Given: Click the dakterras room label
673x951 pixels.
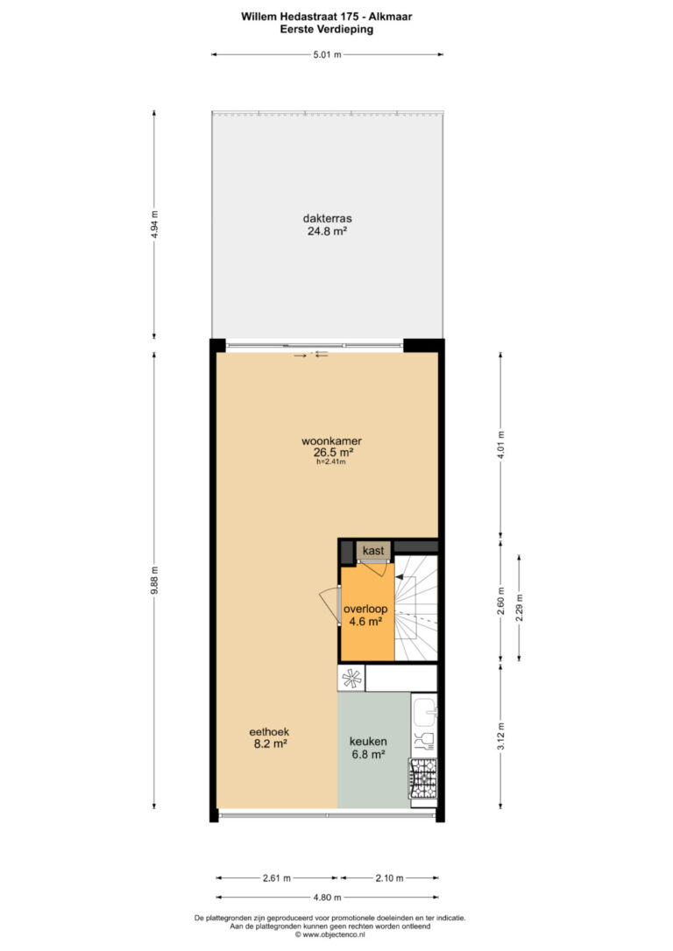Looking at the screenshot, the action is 327,218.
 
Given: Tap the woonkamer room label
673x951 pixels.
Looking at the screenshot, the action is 332,441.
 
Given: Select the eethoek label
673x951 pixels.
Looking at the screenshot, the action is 269,732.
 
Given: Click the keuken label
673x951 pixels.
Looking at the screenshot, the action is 368,741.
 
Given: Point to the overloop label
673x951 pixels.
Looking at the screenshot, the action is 365,609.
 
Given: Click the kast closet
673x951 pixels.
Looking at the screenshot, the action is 373,551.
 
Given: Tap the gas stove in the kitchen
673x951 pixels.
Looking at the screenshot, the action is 423,778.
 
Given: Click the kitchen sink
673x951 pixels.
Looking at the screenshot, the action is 424,712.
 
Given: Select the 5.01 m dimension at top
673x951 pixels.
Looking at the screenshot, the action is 327,54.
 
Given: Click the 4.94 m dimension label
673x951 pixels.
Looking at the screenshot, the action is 154,224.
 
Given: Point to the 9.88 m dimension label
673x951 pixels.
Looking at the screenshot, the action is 154,581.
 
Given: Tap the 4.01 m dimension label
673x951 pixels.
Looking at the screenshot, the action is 500,445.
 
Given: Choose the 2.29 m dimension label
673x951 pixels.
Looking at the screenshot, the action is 519,607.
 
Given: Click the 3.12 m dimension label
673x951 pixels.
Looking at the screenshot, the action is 500,736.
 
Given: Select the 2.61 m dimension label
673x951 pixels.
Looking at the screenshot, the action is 277,877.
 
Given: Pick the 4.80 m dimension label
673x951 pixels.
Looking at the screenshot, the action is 327,897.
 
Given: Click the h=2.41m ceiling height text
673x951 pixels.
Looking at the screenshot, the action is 330,461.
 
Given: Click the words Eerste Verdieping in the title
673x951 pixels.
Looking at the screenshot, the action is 327,29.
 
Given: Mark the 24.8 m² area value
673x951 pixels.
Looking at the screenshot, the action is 327,230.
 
